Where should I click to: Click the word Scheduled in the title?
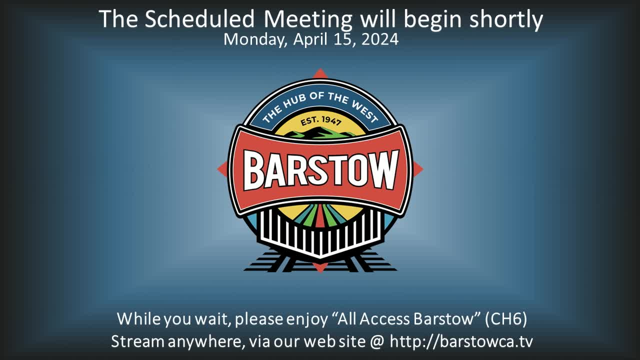click(x=199, y=19)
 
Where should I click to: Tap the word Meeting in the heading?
click(x=308, y=20)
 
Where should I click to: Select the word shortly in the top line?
click(x=506, y=20)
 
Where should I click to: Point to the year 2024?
click(x=380, y=39)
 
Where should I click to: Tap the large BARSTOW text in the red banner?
click(x=321, y=170)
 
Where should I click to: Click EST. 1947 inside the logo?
click(x=320, y=121)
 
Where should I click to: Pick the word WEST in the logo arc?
click(x=365, y=111)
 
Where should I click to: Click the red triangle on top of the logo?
click(x=320, y=73)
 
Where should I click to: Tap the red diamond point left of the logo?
click(x=222, y=168)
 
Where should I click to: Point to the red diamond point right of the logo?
click(x=418, y=169)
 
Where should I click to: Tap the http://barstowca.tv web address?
click(x=461, y=341)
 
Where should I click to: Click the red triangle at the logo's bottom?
click(x=320, y=268)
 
